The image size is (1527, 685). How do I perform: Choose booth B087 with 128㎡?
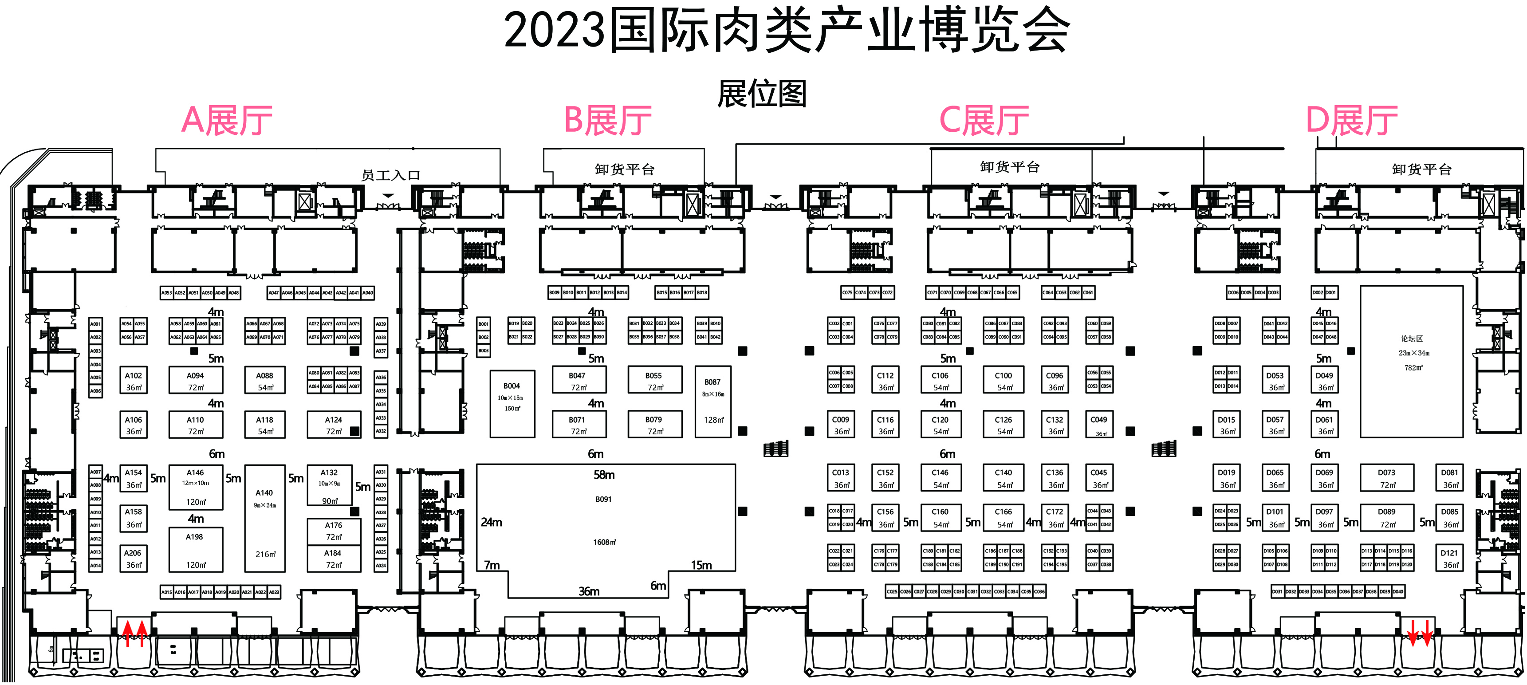coord(712,401)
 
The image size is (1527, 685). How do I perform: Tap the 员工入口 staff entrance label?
coord(391,175)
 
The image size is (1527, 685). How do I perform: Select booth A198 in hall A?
coord(196,550)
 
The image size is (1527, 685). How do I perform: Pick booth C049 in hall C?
coord(1098,425)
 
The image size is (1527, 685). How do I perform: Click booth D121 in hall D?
coord(1449,558)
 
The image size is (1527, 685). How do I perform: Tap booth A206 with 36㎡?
coord(133,558)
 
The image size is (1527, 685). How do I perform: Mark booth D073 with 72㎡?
coord(1386,478)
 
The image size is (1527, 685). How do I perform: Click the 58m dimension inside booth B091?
coord(604,475)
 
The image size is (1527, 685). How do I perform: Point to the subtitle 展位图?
coord(762,94)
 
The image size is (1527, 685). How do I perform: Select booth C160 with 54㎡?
coord(940,517)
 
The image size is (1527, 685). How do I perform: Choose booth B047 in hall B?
coord(578,380)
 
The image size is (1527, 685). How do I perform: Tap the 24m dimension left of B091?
coord(492,522)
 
